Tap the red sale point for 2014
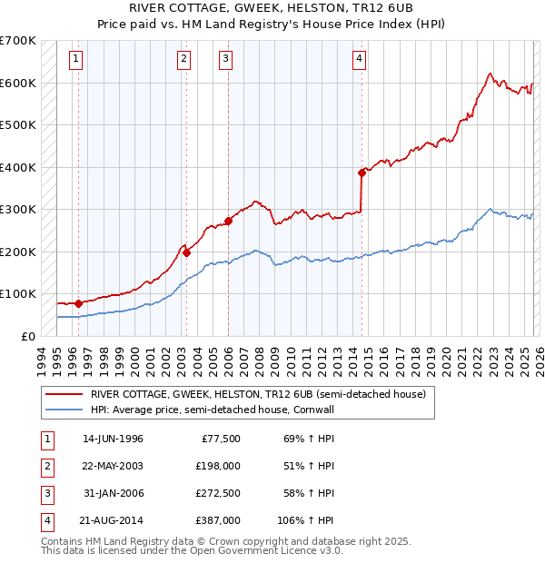click(x=362, y=172)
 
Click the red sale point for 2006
click(x=228, y=220)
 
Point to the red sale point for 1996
click(x=79, y=302)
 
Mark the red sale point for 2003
click(x=186, y=252)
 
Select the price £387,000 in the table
click(x=217, y=520)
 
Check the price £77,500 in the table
click(x=220, y=439)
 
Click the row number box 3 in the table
click(x=45, y=493)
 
